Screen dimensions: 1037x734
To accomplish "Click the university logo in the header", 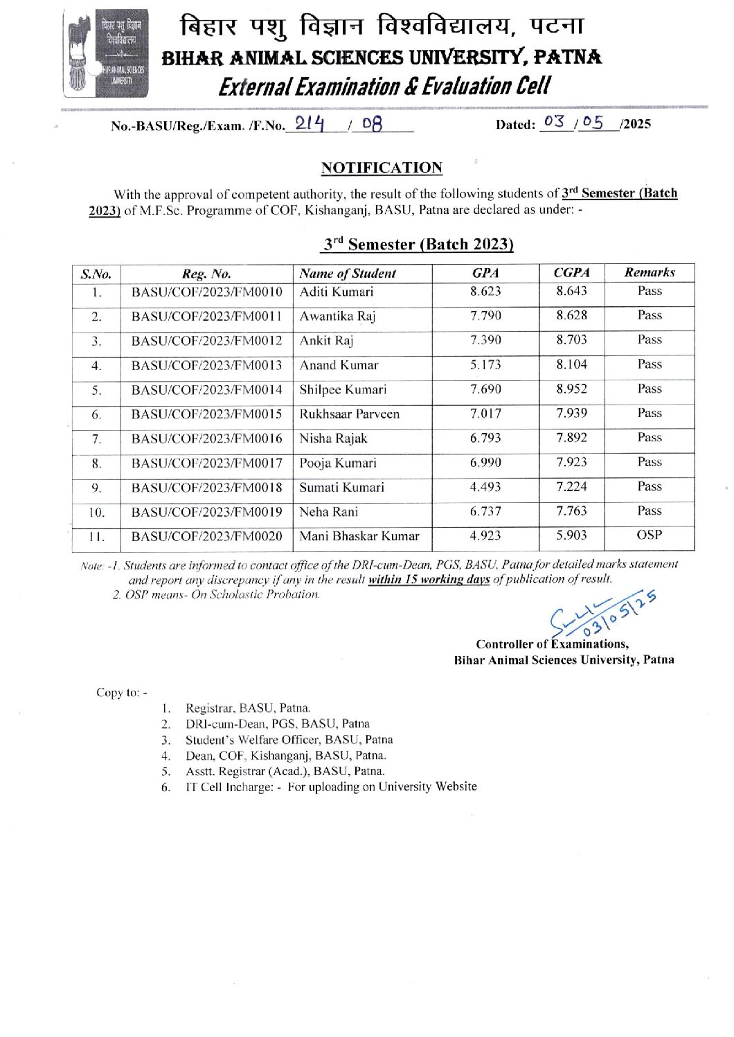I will pos(106,53).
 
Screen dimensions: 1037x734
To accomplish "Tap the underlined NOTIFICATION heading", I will pos(382,168).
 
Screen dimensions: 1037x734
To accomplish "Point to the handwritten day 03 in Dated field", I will pos(554,122).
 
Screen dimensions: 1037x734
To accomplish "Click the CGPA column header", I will pos(571,273).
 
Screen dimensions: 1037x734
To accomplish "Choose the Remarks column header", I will pos(649,272).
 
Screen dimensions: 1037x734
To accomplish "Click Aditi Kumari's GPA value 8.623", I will pos(485,292).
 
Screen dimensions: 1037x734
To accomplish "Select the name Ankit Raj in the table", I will pos(326,341).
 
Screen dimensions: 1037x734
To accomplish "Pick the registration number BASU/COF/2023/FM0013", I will pos(207,365).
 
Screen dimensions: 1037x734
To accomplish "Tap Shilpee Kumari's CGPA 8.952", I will pos(571,389).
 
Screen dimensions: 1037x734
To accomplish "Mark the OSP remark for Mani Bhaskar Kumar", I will pos(649,535).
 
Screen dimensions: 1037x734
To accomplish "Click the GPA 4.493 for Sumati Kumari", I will pos(485,487).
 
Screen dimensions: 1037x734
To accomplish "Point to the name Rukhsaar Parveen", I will pos(349,414).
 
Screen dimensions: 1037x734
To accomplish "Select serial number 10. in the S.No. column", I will pos(96,513).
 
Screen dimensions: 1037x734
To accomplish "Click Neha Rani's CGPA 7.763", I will pos(571,511).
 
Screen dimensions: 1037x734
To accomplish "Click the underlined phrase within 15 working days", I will pos(429,580).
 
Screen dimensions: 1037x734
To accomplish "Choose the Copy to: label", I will pos(121,693).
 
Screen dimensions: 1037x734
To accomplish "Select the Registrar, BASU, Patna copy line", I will pos(247,708).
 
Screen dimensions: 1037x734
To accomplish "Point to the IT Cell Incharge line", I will pos(330,787).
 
